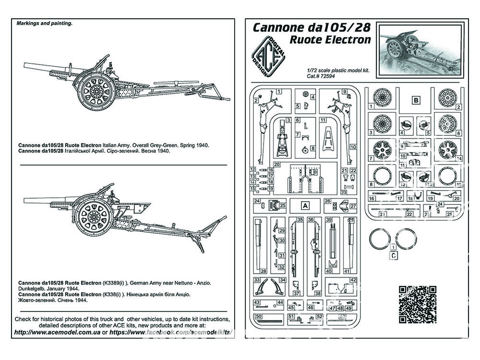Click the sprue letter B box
[x=416, y=100]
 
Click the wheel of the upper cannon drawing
[x=96, y=89]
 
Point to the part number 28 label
[x=264, y=271]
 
